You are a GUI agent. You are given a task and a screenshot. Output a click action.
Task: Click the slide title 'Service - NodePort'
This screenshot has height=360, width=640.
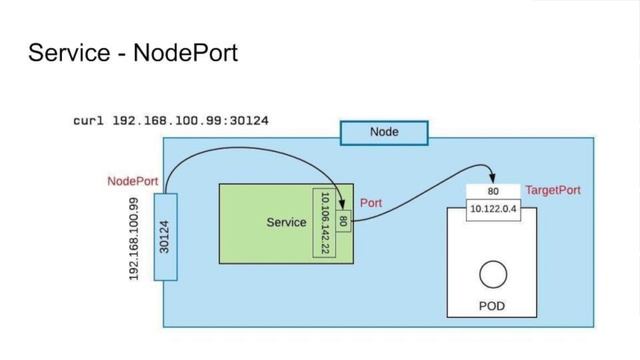coord(133,52)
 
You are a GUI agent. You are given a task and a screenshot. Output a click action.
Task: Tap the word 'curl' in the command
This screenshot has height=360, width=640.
coord(89,121)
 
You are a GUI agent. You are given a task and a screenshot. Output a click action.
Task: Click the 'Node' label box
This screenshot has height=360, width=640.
coord(384,133)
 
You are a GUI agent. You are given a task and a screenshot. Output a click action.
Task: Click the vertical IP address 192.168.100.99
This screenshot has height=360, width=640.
coord(134,238)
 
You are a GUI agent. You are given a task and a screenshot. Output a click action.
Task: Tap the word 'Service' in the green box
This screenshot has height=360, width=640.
coord(286,222)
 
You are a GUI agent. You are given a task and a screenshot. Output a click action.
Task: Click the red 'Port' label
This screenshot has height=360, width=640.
coord(370,203)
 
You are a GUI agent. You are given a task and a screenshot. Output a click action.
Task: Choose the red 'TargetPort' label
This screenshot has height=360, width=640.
coord(552,190)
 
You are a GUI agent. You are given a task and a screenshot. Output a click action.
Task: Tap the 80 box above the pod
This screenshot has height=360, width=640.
coord(493,191)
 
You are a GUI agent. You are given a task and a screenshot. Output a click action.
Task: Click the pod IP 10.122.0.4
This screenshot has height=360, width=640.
coord(493,209)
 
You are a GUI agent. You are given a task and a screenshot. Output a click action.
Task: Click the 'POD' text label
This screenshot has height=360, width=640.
coord(492,307)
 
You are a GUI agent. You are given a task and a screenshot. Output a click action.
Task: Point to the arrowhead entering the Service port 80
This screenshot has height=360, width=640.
coord(343,206)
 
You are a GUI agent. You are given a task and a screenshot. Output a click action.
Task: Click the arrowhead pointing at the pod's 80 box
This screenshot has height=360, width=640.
coord(491,175)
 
